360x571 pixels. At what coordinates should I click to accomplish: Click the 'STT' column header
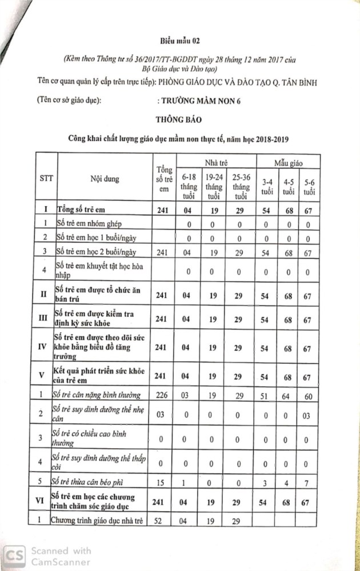tap(47, 178)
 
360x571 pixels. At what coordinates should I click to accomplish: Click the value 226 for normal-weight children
tap(162, 395)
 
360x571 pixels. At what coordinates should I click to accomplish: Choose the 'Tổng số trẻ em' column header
tap(163, 179)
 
